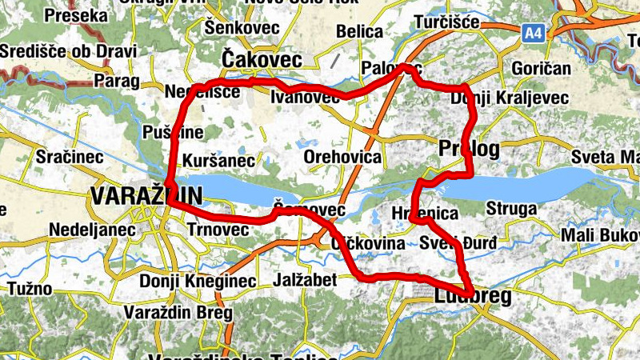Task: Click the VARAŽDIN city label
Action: click(146, 195)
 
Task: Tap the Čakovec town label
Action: click(262, 60)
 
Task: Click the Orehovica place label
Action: click(342, 157)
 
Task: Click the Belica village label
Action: click(360, 31)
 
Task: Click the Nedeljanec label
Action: click(84, 230)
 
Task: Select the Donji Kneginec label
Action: click(198, 282)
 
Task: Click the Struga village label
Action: click(511, 210)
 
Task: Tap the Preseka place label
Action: click(76, 15)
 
